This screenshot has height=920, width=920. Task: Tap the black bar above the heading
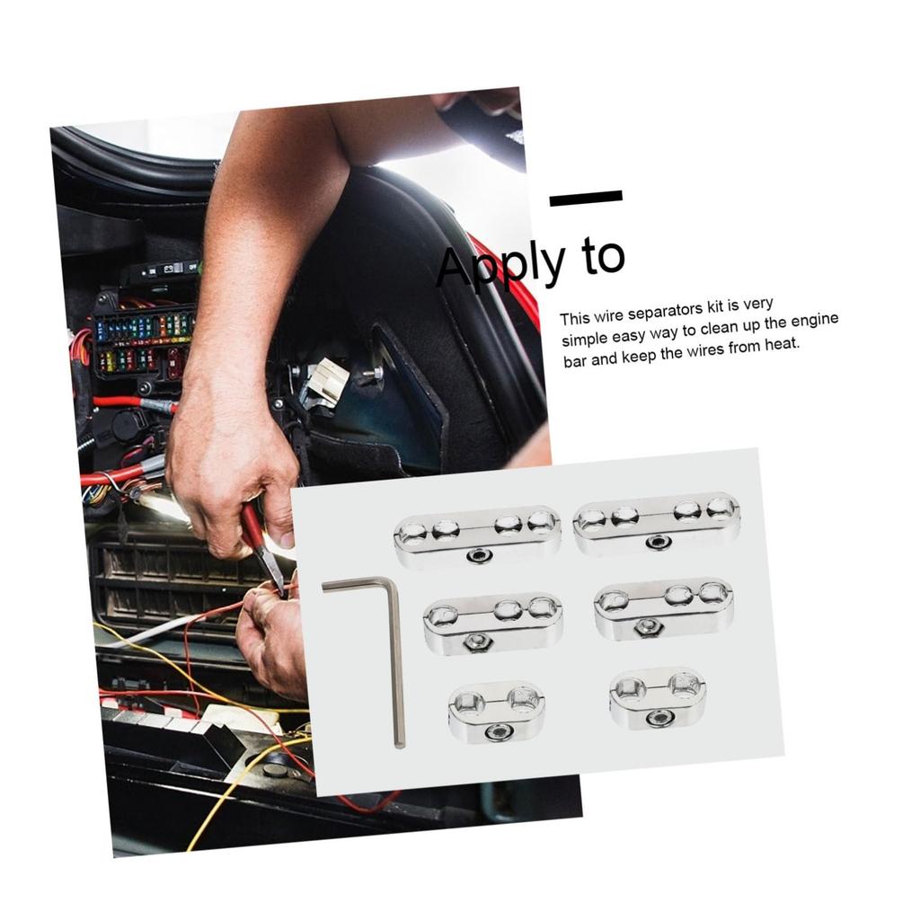(x=586, y=198)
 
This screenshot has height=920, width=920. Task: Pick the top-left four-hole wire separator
(x=477, y=534)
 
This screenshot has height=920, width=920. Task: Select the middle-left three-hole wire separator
(x=492, y=620)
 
